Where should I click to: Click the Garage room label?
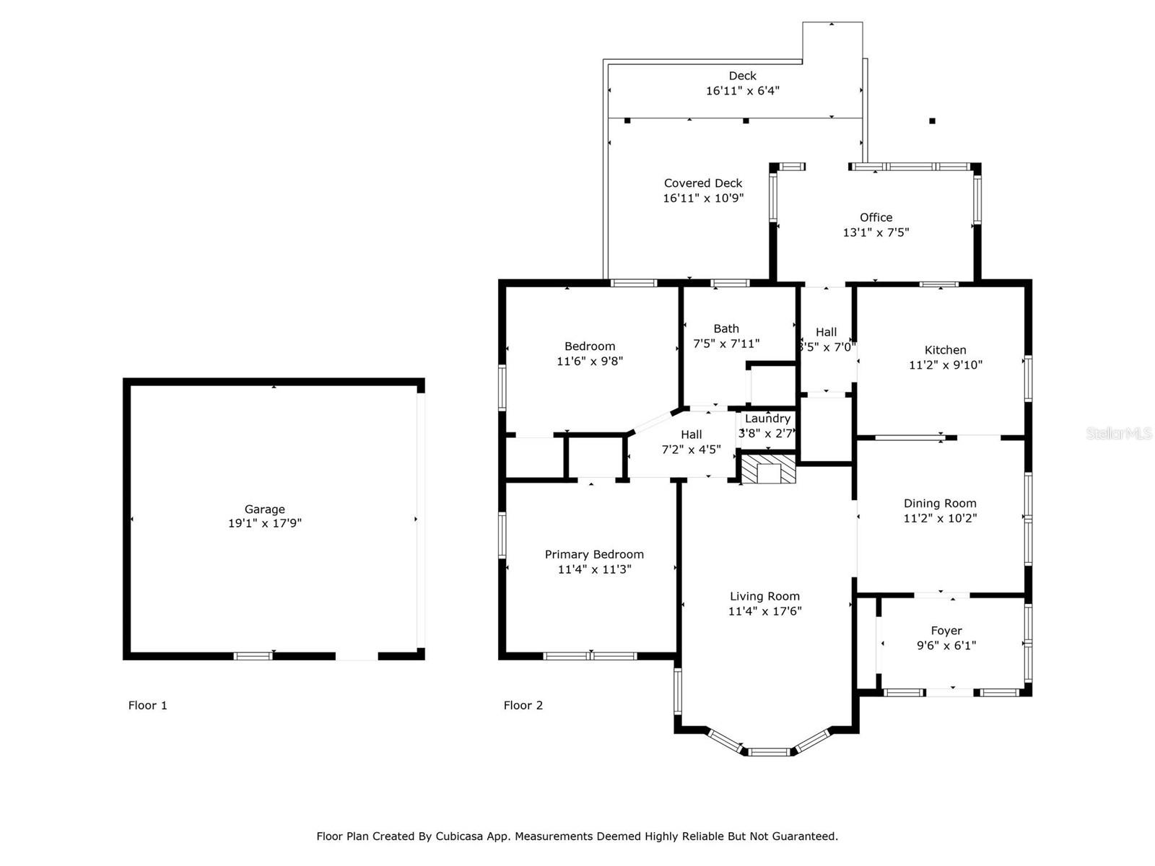(264, 509)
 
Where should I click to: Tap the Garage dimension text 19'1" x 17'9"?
(264, 523)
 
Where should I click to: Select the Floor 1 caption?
(147, 705)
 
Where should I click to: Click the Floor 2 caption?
(523, 705)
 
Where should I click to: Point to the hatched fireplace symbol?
(769, 469)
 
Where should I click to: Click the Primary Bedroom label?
(594, 554)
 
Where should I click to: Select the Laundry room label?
(767, 419)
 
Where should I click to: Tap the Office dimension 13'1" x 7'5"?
(876, 232)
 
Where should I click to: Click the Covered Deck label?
(703, 183)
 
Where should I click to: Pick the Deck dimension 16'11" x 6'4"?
(742, 91)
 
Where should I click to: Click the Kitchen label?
(945, 350)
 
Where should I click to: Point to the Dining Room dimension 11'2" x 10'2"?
(940, 518)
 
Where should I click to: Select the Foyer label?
(946, 631)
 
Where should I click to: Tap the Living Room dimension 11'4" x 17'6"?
(764, 611)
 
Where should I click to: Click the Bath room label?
(726, 328)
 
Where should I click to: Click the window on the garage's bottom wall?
(253, 656)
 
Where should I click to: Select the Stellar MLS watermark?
(1118, 433)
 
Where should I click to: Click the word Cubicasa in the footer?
(461, 836)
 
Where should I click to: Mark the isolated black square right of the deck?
(932, 121)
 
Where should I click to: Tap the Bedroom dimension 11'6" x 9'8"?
(589, 361)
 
